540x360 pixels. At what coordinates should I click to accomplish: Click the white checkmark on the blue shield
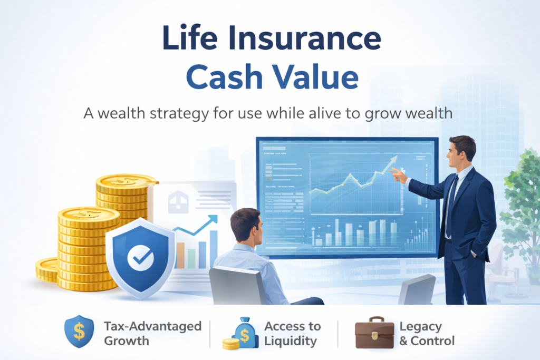pyautogui.click(x=140, y=257)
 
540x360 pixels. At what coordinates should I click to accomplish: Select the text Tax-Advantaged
pyautogui.click(x=153, y=326)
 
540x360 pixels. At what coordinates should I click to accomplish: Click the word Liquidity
pyautogui.click(x=291, y=340)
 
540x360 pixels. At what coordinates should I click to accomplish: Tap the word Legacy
pyautogui.click(x=420, y=326)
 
